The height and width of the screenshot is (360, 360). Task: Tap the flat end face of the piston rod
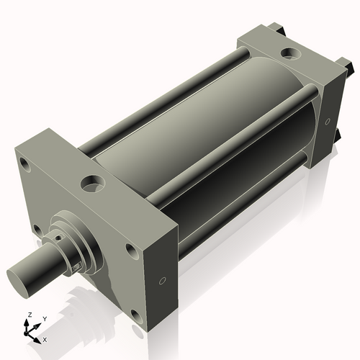click(19, 278)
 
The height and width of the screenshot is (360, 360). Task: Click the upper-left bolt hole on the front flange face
click(26, 166)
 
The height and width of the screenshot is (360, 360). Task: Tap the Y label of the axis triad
click(44, 318)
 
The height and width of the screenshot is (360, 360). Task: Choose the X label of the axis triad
click(45, 338)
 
